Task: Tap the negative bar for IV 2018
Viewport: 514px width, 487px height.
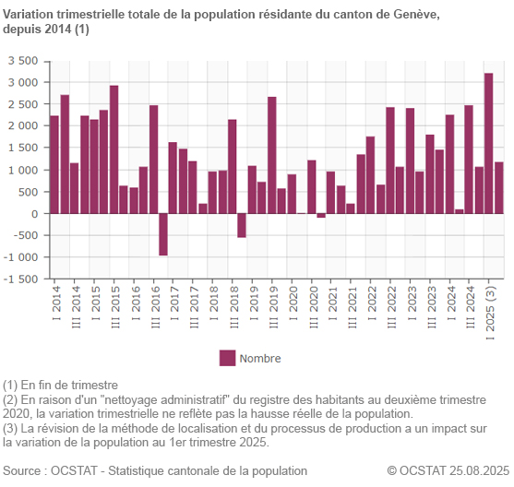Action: (x=242, y=225)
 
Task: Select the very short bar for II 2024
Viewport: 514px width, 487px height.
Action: (x=460, y=211)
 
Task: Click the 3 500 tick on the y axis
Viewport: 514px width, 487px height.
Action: (x=22, y=61)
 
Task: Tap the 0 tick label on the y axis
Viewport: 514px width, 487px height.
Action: (x=34, y=214)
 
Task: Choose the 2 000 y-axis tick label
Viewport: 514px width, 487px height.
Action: (x=22, y=126)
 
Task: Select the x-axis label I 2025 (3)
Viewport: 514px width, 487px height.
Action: (x=489, y=311)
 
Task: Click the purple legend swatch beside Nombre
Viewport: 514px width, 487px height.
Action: (x=227, y=358)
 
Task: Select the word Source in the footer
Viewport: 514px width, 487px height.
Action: (x=25, y=470)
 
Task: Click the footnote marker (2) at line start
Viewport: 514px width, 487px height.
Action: (x=10, y=398)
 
